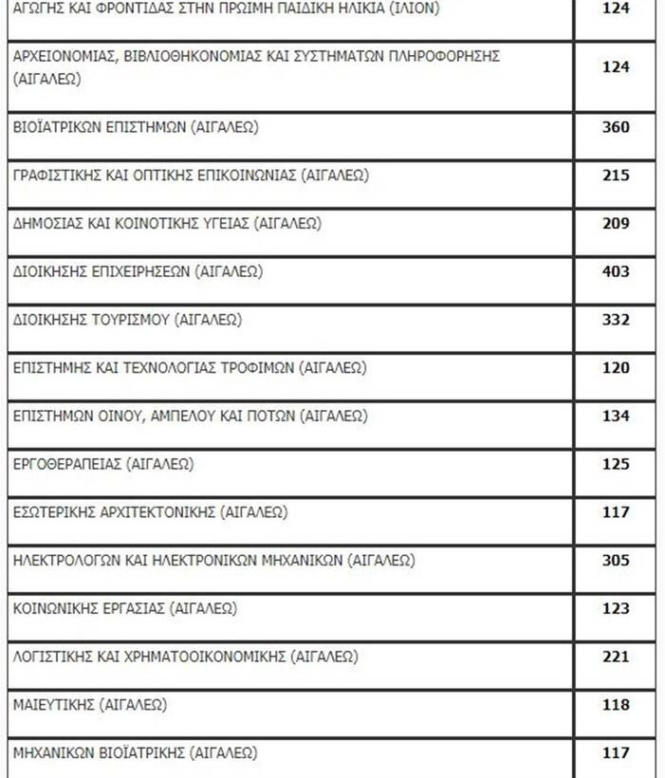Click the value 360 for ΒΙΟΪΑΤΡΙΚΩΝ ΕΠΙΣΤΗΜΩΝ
click(x=616, y=127)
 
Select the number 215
click(x=616, y=176)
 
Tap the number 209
click(x=616, y=224)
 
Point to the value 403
click(x=616, y=271)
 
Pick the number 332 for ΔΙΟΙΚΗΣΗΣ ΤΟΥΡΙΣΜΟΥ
click(x=616, y=320)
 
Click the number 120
click(x=616, y=368)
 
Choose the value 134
click(x=616, y=417)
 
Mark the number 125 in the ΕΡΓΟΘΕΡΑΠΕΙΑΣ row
click(x=616, y=465)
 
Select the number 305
click(x=616, y=561)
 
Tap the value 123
click(x=616, y=609)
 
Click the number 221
click(x=616, y=657)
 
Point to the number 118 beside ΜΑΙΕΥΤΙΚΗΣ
click(x=616, y=705)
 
